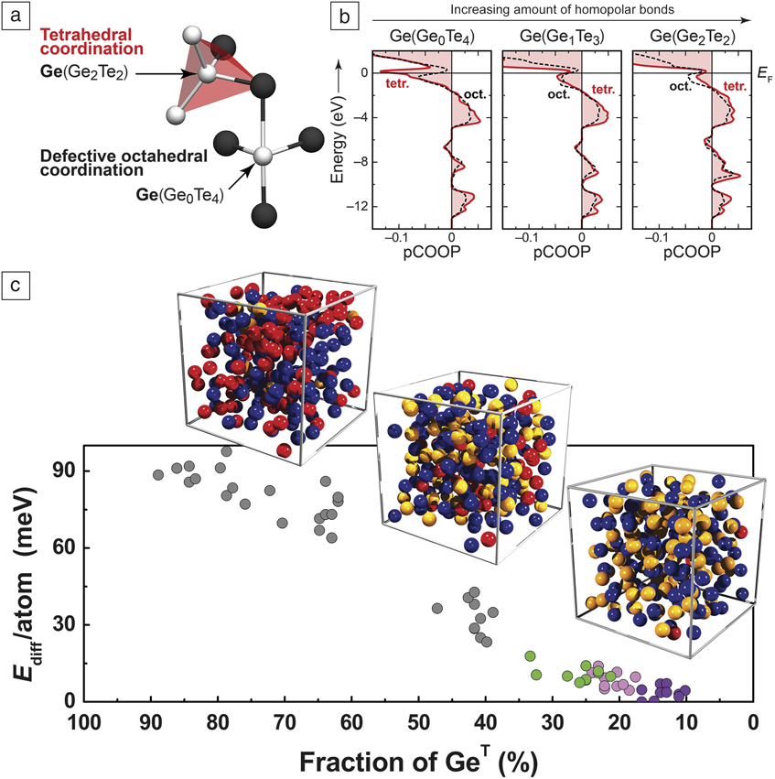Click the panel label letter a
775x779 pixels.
pos(15,16)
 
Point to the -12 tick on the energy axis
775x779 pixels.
pos(350,207)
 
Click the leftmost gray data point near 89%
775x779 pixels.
pos(157,474)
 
